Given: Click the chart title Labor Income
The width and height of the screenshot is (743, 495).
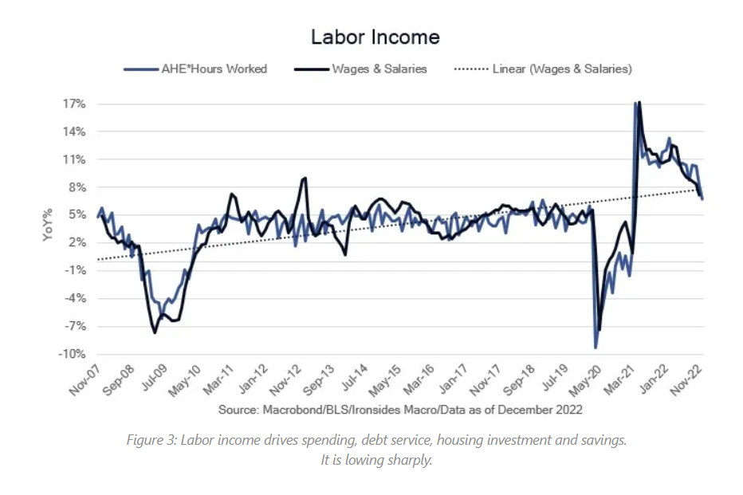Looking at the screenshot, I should [x=375, y=37].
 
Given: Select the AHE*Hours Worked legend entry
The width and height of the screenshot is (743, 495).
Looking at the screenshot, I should [x=214, y=69].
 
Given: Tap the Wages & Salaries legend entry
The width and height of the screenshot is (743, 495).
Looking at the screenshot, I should [x=380, y=69].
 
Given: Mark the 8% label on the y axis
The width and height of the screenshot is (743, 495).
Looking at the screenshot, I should [x=77, y=187].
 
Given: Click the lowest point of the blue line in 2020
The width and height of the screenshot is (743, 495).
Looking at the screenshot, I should [x=596, y=348].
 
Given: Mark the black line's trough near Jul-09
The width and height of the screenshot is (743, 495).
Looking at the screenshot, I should [x=155, y=332].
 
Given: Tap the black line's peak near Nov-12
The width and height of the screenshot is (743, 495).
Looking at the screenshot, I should [x=305, y=178].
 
